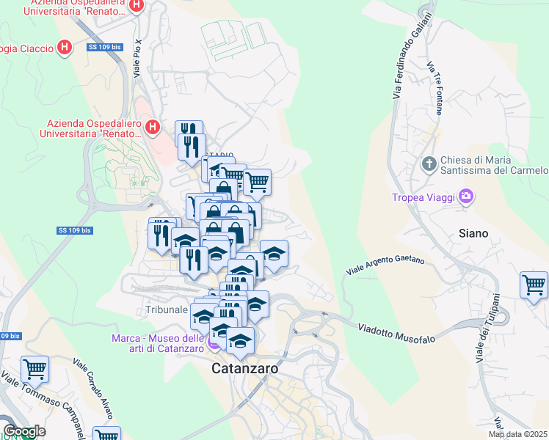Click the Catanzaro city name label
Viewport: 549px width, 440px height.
point(245,369)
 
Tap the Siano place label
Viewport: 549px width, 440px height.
point(473,233)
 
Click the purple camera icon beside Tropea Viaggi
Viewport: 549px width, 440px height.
point(465,197)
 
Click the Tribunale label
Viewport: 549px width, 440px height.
point(161,310)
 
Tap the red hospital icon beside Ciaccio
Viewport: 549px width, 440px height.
point(65,48)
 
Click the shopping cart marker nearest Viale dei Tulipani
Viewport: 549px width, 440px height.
point(534,285)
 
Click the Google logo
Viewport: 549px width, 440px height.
point(24,431)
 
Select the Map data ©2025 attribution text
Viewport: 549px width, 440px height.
point(518,434)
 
